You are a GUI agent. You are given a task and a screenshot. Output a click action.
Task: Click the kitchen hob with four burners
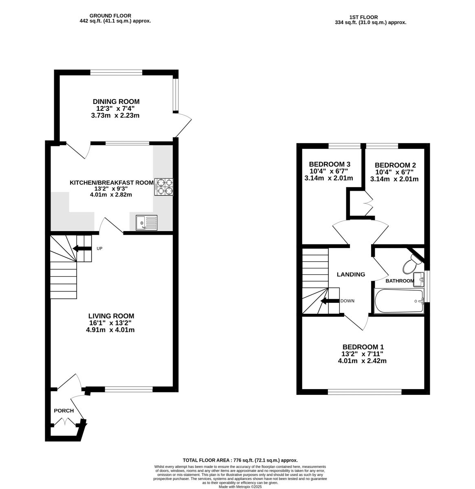[x=163, y=187]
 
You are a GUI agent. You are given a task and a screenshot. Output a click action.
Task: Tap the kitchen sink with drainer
[x=146, y=222]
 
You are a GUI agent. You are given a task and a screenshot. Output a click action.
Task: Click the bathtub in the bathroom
[x=399, y=301]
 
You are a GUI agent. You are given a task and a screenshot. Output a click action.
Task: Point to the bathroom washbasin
[x=418, y=279]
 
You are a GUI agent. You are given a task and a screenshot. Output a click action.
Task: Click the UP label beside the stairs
[x=99, y=249]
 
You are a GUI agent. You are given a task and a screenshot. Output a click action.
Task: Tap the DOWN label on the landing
[x=347, y=301]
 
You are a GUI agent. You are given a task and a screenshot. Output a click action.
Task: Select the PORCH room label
[x=64, y=411]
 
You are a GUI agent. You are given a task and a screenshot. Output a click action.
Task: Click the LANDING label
[x=351, y=274]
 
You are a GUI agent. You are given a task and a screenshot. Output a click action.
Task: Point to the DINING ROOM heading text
[x=116, y=101]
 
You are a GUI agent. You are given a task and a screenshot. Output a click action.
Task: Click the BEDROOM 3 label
[x=329, y=164]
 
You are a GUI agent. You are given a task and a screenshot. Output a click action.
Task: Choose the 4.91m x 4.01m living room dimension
[x=110, y=330]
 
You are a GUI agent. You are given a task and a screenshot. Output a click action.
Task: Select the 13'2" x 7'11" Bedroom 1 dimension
[x=363, y=354]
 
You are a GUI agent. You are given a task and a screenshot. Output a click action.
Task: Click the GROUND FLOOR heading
[x=110, y=16]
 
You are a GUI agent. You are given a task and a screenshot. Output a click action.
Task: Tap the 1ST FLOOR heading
[x=363, y=18]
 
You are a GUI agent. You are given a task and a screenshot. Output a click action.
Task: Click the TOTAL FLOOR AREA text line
[x=240, y=460]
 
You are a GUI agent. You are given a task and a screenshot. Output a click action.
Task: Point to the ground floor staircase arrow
[x=82, y=249]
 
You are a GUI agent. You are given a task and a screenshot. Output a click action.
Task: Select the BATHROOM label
[x=399, y=281]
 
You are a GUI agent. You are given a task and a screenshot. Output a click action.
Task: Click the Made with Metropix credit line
[x=240, y=487]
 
